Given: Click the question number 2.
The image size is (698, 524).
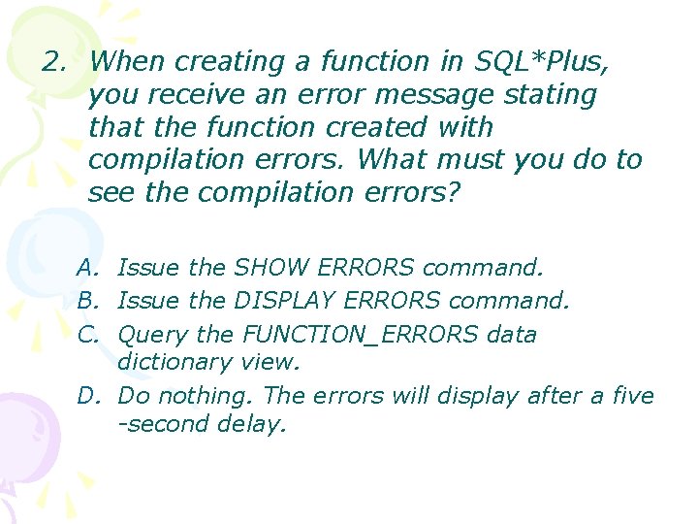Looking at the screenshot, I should [52, 62].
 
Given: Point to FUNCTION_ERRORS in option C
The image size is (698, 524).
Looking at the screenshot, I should [361, 335].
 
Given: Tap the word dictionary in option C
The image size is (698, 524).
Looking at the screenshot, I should [172, 362].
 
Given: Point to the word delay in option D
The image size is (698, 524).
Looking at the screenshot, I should [255, 424].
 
